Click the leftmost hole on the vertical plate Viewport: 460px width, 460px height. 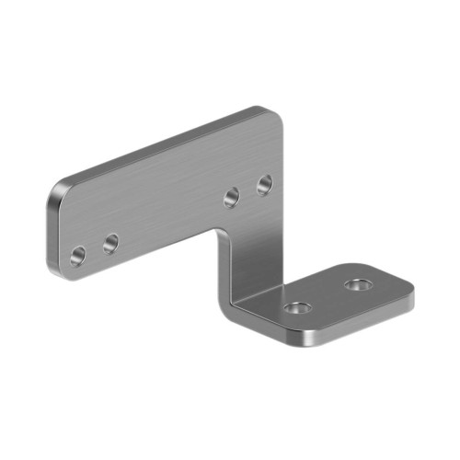77,254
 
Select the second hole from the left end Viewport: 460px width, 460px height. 110,244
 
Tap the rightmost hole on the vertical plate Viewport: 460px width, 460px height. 264,184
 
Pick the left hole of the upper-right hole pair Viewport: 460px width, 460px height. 231,196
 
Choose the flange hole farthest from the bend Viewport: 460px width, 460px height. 356,285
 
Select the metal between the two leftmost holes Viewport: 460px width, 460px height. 94,249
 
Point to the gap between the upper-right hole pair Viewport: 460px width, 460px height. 247,190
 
